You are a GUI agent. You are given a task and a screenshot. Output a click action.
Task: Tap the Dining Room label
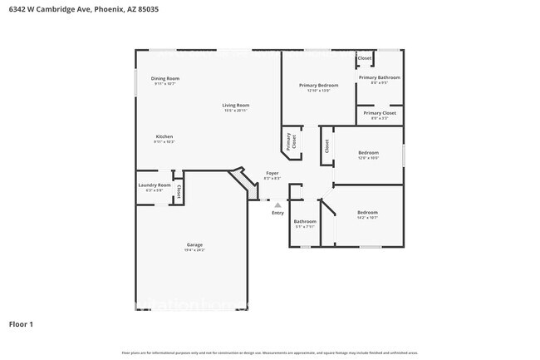tap(165, 79)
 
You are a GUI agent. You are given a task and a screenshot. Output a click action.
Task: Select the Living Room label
tap(236, 106)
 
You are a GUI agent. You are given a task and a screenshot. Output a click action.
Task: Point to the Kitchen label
tap(164, 136)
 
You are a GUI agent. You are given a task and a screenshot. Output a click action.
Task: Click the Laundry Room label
tap(155, 185)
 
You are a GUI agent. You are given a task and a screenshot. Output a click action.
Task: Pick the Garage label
tap(194, 245)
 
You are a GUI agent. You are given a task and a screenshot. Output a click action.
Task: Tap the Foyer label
tap(272, 173)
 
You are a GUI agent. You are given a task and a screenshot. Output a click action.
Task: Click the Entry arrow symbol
tap(277, 205)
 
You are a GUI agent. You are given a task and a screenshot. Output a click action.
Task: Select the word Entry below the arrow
tap(277, 213)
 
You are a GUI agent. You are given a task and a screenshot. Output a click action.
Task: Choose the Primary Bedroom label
tap(318, 86)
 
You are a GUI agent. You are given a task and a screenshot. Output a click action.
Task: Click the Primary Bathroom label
tap(379, 77)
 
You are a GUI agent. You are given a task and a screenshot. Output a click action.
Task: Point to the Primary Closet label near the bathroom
tap(379, 112)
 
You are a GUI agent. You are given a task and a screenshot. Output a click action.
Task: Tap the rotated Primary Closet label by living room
tap(292, 141)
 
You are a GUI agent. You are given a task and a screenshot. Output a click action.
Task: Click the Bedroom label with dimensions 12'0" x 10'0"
tap(368, 152)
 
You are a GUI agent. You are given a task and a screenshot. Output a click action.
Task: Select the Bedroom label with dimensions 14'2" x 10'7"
tap(367, 212)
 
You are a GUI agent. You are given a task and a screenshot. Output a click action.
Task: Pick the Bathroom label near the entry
tap(305, 221)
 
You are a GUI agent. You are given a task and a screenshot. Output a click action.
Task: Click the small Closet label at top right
tap(364, 58)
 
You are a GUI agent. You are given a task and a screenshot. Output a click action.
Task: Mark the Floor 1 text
tap(22, 324)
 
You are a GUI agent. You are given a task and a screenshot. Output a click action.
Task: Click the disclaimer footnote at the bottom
tap(270, 353)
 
